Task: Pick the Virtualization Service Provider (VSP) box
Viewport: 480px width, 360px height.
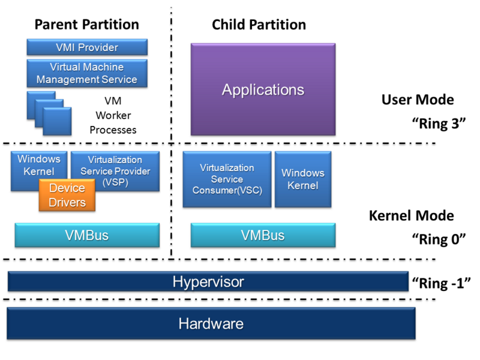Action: click(115, 170)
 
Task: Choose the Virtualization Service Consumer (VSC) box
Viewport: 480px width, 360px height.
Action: click(227, 179)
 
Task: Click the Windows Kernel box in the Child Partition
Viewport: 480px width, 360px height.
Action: click(302, 179)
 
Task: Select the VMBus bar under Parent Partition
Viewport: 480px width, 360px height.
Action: click(87, 235)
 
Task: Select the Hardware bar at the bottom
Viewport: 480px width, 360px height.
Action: click(211, 324)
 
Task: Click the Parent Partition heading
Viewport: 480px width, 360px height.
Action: click(86, 25)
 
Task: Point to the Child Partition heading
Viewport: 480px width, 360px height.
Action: click(259, 25)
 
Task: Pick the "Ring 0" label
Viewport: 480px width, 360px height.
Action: click(439, 239)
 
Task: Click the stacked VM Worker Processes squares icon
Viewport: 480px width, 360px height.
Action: click(49, 113)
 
